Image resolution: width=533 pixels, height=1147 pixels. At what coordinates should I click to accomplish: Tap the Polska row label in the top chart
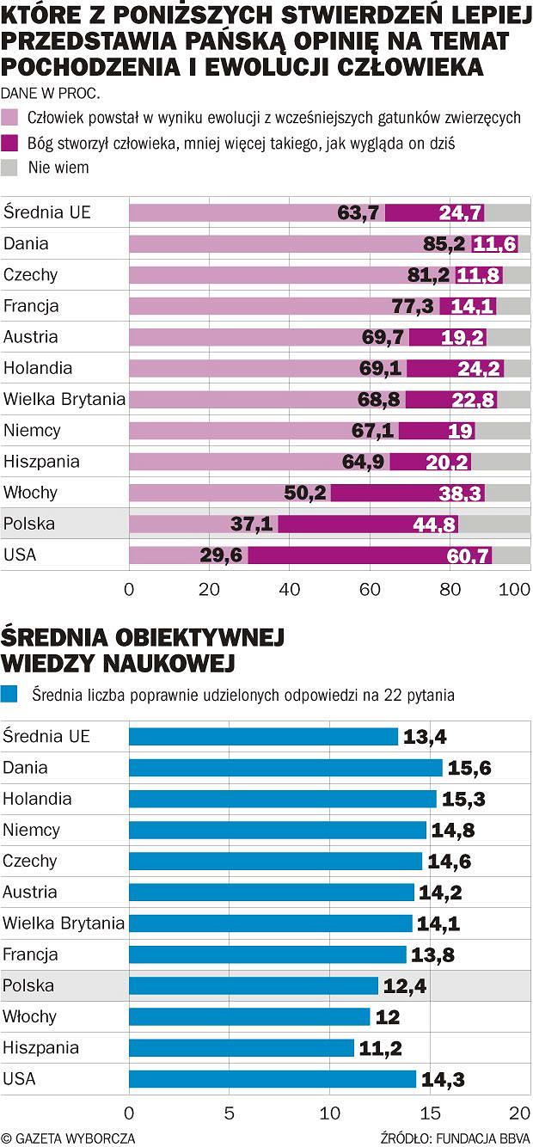pyautogui.click(x=28, y=524)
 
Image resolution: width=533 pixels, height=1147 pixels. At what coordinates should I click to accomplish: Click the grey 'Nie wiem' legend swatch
pyautogui.click(x=11, y=168)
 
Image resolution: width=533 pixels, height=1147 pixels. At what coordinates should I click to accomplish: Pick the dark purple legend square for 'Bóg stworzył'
pyautogui.click(x=11, y=143)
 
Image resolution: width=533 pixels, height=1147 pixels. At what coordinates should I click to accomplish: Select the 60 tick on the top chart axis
pyautogui.click(x=370, y=590)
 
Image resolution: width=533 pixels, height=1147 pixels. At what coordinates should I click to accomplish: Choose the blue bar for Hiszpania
pyautogui.click(x=241, y=1048)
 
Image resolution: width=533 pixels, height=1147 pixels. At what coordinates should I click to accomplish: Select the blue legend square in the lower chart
pyautogui.click(x=11, y=694)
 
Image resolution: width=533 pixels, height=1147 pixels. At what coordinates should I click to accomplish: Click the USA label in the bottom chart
pyautogui.click(x=19, y=1078)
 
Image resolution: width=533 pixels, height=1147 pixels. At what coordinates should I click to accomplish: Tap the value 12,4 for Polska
pyautogui.click(x=404, y=986)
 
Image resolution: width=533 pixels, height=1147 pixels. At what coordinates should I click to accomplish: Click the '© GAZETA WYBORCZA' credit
pyautogui.click(x=69, y=1138)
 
